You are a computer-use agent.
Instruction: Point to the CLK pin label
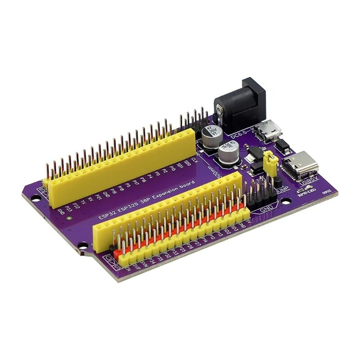(194, 159)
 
